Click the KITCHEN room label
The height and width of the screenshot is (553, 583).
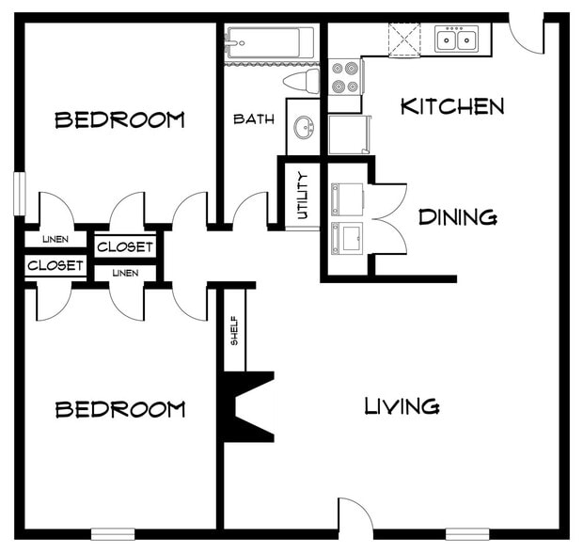point(452,106)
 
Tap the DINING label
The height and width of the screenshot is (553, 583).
point(457,218)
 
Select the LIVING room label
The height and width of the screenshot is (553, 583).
point(402,406)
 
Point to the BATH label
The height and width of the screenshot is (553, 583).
point(253,119)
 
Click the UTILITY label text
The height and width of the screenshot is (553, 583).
point(303,195)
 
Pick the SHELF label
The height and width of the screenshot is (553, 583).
point(234,329)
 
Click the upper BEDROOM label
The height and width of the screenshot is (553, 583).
point(119,120)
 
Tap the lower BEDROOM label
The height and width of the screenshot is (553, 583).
point(119,409)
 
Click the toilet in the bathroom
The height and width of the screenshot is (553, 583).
point(302,81)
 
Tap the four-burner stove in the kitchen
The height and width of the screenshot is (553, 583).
point(345,77)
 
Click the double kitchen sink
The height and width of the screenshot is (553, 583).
point(457,39)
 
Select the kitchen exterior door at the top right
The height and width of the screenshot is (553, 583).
point(528,34)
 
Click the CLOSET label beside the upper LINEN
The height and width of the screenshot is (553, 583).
point(125,247)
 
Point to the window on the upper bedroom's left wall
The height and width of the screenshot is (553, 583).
point(18,196)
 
